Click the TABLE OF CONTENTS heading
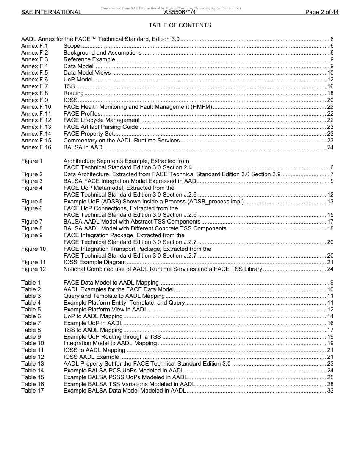(180, 25)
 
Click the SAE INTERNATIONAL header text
(51, 12)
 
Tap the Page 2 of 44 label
(322, 12)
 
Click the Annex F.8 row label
(34, 93)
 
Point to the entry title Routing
(74, 93)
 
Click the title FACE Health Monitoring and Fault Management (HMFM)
(138, 107)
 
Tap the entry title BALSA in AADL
(85, 147)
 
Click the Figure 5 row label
(32, 202)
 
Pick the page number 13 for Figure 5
(330, 202)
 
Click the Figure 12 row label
(33, 269)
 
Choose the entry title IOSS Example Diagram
(94, 262)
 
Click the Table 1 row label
(31, 283)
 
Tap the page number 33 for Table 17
(330, 391)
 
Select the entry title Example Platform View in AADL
(105, 310)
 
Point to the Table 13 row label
(32, 364)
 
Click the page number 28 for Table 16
(330, 384)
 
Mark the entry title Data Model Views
(87, 73)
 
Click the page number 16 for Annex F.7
(330, 86)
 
